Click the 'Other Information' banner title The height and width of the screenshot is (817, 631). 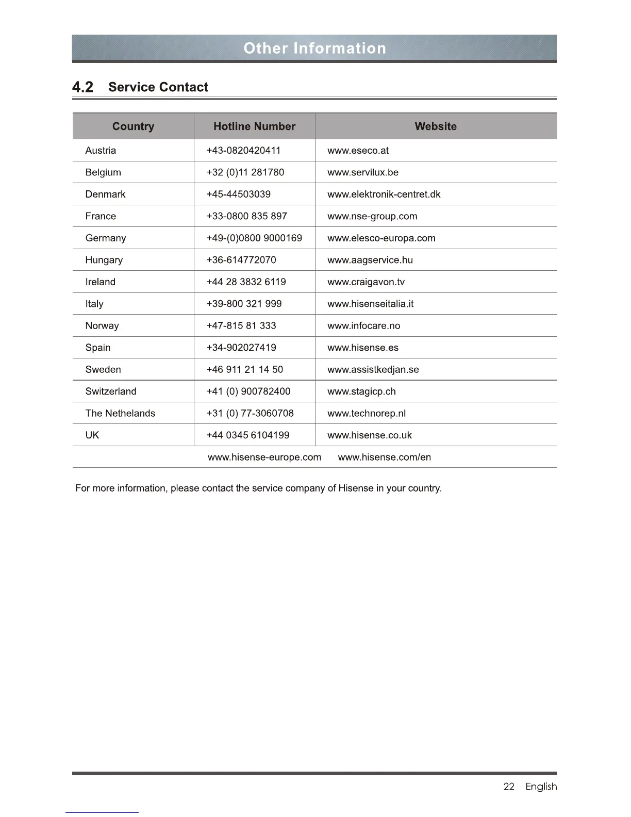314,48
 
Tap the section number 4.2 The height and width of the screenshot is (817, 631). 82,87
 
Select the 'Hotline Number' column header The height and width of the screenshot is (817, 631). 254,126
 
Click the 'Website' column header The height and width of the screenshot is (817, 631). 436,126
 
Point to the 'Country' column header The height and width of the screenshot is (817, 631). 133,126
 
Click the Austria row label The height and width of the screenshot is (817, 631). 101,151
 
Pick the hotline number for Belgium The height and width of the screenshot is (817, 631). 245,172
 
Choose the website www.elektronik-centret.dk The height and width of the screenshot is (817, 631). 384,194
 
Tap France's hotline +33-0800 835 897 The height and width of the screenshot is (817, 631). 246,216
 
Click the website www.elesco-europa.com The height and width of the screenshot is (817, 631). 381,238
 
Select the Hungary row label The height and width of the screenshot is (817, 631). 104,260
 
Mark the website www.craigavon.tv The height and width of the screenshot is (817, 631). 366,282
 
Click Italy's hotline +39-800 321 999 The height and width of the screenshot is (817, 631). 244,304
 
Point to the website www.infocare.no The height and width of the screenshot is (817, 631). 363,326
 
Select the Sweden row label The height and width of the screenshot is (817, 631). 103,370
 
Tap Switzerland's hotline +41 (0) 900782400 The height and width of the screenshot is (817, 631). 248,391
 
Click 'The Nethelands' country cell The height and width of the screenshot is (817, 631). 120,414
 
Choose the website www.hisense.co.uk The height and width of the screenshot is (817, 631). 369,435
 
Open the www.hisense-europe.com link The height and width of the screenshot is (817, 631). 264,457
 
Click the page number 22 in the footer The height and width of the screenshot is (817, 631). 508,787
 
